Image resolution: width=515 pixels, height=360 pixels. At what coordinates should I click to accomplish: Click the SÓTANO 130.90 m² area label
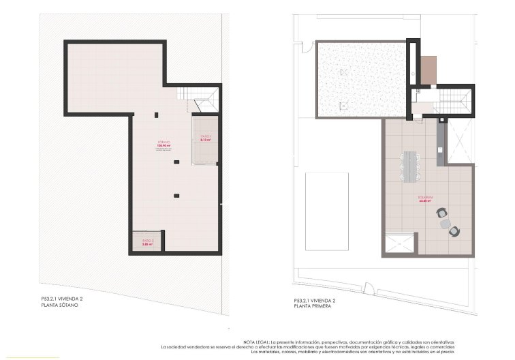(163, 145)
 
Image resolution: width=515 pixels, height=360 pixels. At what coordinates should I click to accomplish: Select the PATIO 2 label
(148, 241)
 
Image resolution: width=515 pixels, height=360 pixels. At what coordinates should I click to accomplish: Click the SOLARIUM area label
(427, 200)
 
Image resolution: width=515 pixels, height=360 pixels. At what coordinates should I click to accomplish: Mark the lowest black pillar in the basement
(176, 196)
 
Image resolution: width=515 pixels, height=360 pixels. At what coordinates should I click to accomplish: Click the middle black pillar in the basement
(176, 162)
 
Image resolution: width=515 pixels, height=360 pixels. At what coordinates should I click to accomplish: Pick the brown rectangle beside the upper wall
(428, 70)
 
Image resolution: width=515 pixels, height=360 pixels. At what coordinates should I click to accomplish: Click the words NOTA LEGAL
(256, 342)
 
